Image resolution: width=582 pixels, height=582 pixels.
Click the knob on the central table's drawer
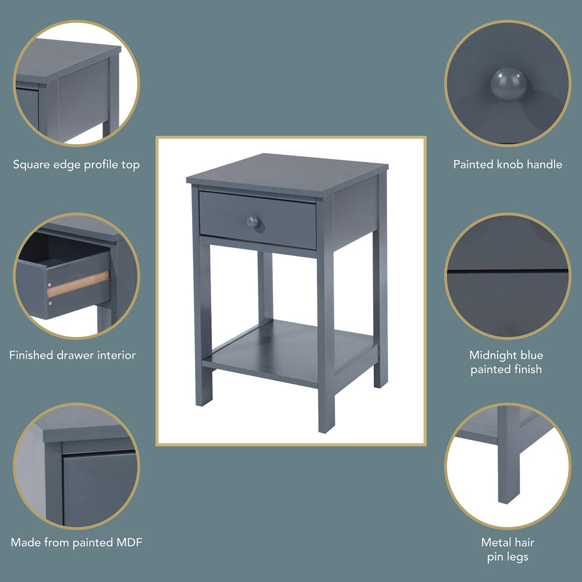[253, 221]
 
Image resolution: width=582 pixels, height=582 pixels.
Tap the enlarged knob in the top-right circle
[507, 81]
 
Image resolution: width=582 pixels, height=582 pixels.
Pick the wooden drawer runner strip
[79, 284]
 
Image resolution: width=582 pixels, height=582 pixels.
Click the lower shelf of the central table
[291, 349]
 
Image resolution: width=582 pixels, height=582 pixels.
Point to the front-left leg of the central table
[203, 326]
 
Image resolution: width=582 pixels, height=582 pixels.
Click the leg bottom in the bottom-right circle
[508, 495]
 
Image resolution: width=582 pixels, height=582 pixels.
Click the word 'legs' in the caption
[516, 557]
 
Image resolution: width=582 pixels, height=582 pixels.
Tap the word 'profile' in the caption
[102, 165]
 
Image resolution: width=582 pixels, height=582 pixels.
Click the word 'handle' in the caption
[544, 165]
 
